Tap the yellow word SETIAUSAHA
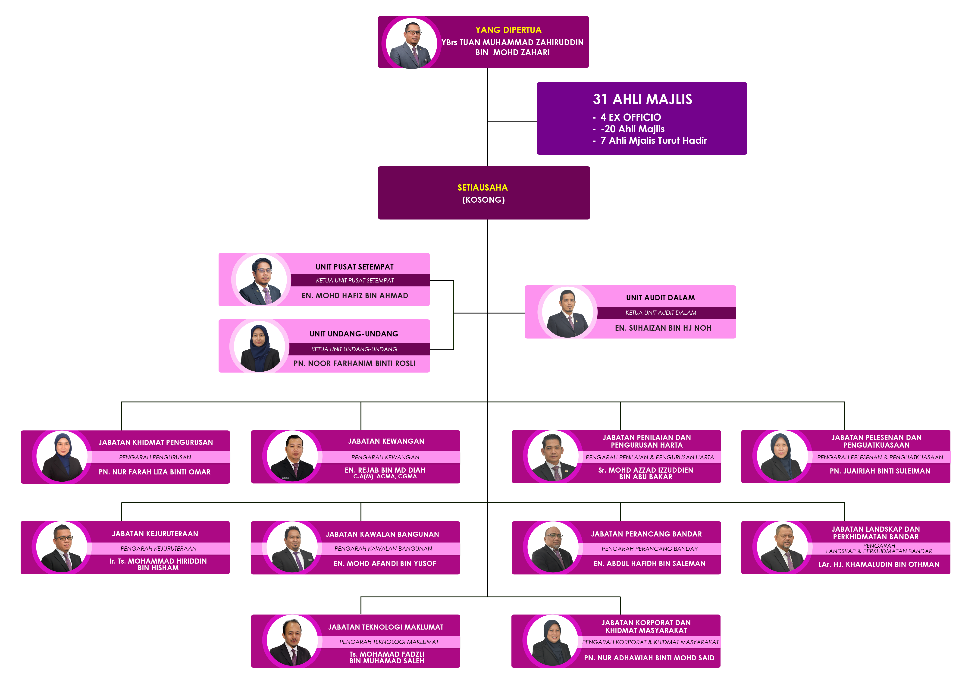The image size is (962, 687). pyautogui.click(x=482, y=187)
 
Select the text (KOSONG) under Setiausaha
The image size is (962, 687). pyautogui.click(x=483, y=200)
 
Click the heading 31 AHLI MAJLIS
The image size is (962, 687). pyautogui.click(x=642, y=99)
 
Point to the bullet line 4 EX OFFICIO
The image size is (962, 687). pyautogui.click(x=630, y=117)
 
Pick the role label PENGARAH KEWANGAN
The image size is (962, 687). pyautogui.click(x=385, y=457)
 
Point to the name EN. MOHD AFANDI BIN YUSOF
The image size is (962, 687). pyautogui.click(x=385, y=564)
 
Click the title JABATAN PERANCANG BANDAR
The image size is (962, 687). pyautogui.click(x=646, y=534)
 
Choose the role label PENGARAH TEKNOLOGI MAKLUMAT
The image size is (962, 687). pyautogui.click(x=389, y=642)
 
